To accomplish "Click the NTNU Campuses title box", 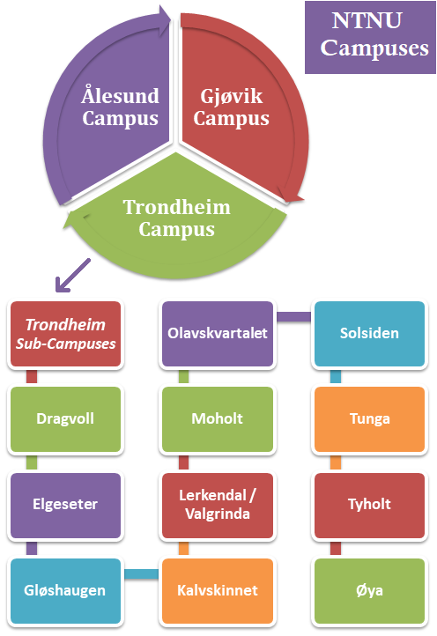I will (369, 36).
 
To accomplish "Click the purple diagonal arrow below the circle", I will (73, 275).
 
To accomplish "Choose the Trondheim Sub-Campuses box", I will (65, 334).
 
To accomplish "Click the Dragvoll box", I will (65, 419).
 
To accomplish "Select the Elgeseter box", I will (65, 505).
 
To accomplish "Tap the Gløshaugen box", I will (65, 589).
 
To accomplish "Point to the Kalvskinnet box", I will (218, 589).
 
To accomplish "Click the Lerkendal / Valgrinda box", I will (218, 505).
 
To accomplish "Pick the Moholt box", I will (218, 419).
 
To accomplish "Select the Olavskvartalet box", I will (218, 334).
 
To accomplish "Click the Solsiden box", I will (369, 334).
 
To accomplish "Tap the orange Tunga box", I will (369, 419).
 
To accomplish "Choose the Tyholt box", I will (369, 505).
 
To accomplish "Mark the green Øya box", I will (369, 589).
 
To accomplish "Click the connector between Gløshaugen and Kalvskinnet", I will (141, 575).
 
